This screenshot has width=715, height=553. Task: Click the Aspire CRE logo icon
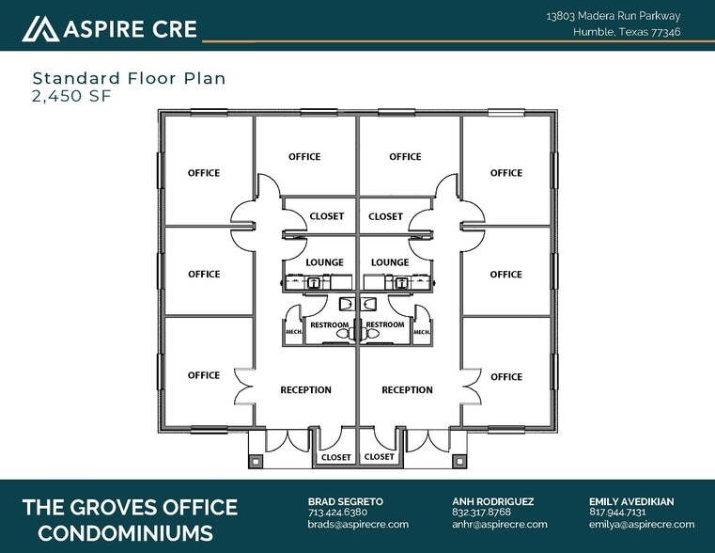40,29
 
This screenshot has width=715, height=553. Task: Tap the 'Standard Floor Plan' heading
129,78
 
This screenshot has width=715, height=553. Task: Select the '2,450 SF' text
72,95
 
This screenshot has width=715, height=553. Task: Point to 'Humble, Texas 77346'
627,32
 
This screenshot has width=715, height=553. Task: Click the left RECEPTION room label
305,390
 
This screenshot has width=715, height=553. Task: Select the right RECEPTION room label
407,390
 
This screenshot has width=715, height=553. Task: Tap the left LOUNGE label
324,262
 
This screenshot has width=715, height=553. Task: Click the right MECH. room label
421,332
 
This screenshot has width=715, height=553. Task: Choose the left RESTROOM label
329,325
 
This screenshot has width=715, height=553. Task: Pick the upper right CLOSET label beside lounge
385,216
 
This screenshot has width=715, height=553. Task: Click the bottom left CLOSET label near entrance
335,457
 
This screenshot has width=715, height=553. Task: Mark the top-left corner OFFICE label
204,173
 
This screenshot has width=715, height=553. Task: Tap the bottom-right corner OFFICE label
505,376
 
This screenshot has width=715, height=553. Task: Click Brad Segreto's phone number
337,513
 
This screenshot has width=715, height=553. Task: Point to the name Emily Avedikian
631,501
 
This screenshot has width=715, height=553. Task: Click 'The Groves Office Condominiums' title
130,520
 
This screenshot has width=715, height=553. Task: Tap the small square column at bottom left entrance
255,461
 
